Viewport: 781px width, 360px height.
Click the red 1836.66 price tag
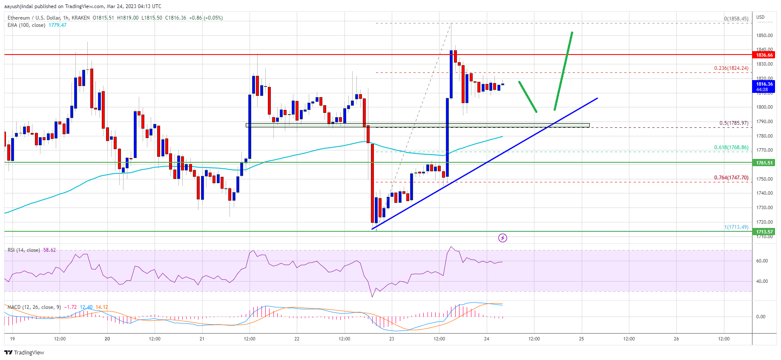point(764,55)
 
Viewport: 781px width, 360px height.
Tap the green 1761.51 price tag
point(764,163)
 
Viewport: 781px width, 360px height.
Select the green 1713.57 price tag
point(764,232)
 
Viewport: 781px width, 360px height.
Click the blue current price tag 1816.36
point(764,86)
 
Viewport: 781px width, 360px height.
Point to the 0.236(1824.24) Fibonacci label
point(731,68)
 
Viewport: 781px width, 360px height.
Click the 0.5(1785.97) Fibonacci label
point(733,123)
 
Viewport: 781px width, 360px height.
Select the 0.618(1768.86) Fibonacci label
point(731,147)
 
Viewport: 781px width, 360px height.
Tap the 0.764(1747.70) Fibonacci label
point(731,178)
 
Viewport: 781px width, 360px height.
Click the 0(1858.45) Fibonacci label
point(736,19)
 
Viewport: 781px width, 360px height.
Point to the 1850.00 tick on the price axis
point(764,35)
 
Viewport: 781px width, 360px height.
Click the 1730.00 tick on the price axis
point(764,207)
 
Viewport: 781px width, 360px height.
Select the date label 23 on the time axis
point(391,339)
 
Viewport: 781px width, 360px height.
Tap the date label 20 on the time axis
point(107,339)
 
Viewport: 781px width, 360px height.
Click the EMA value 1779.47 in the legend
point(57,25)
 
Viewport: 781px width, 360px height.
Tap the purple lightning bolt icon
point(502,238)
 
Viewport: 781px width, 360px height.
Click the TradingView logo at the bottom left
point(24,352)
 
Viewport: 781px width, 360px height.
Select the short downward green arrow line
point(527,97)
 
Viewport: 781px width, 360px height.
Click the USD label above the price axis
point(760,17)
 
